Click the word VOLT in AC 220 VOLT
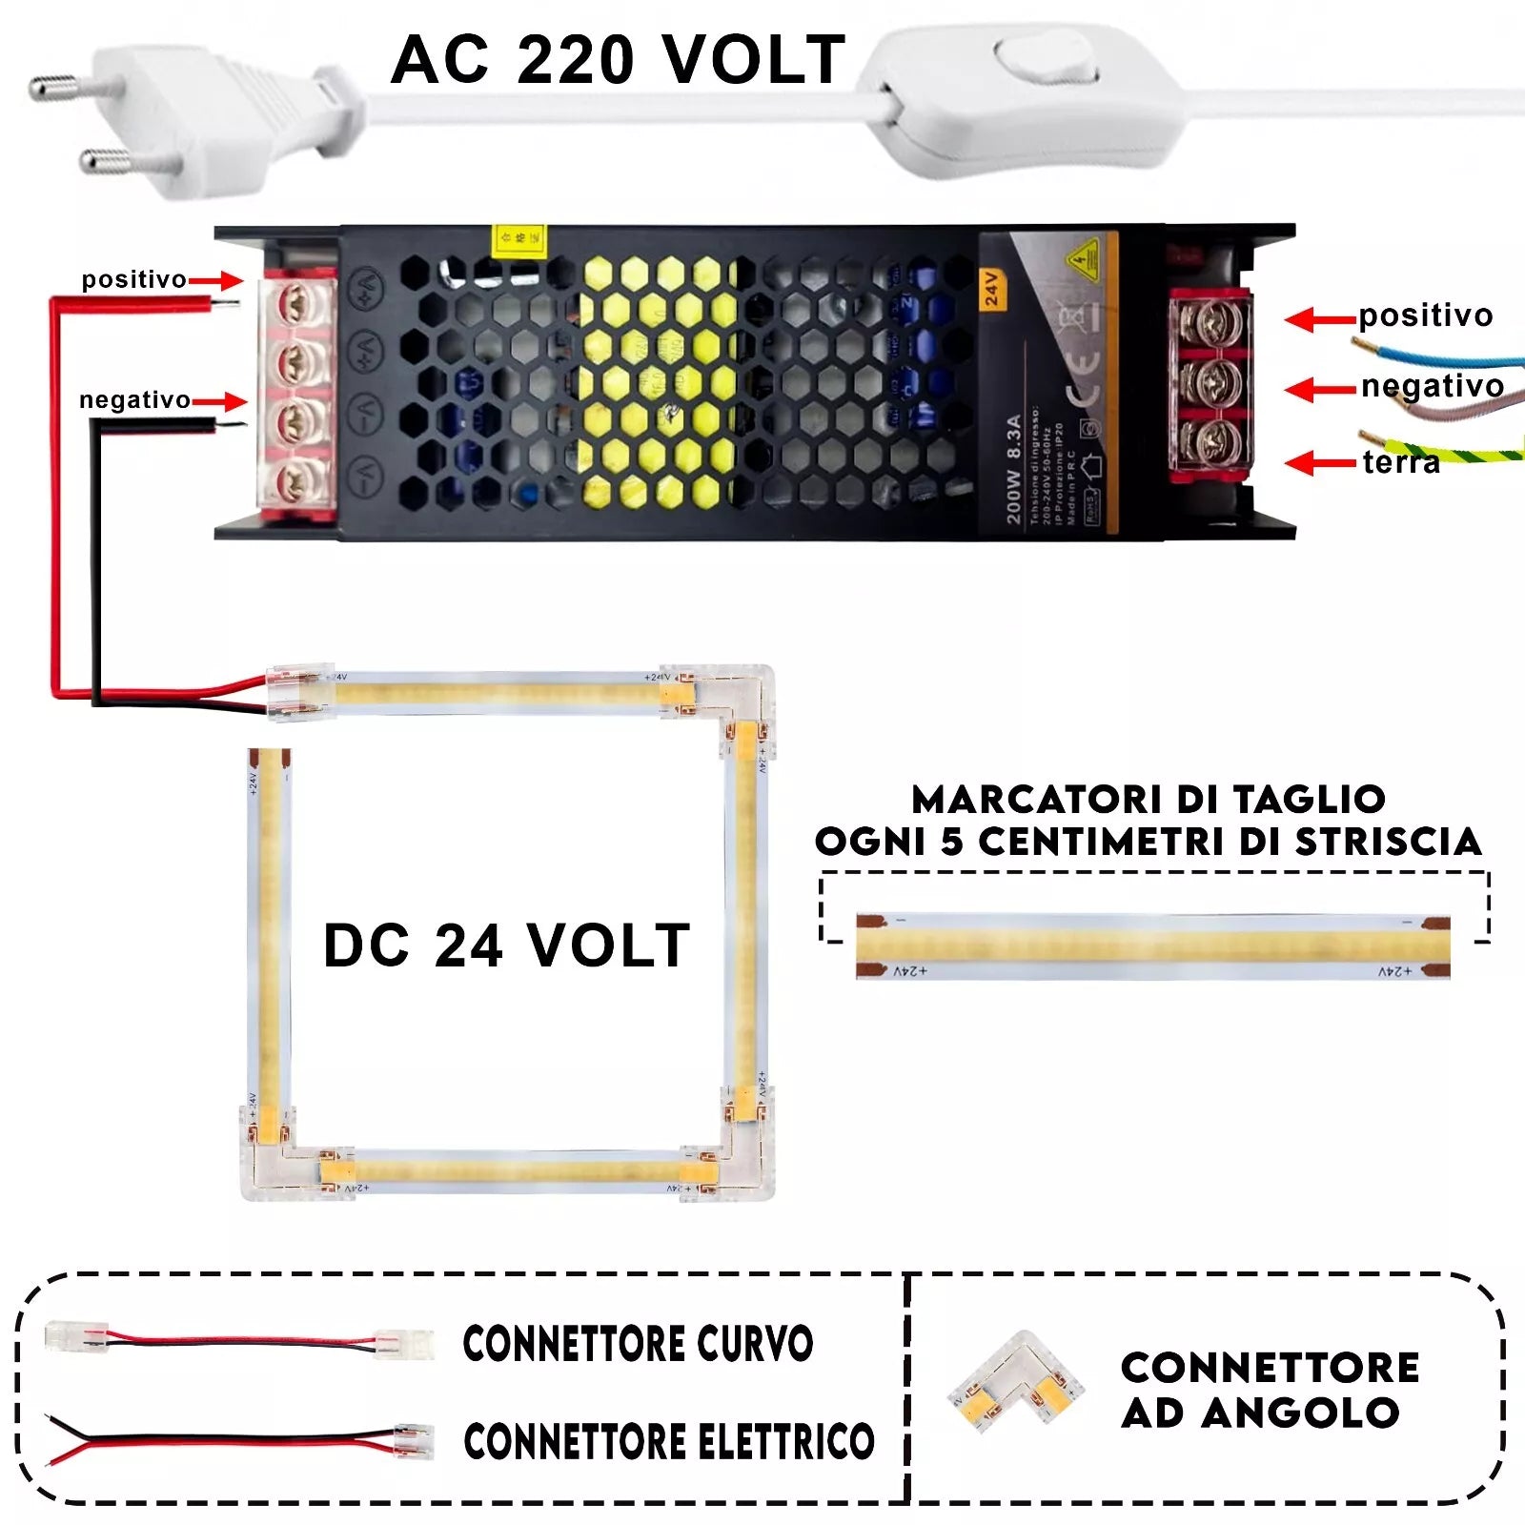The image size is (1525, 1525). (753, 60)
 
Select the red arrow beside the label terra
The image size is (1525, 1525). (1319, 463)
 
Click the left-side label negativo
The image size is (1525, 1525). (134, 400)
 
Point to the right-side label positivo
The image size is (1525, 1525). (1425, 315)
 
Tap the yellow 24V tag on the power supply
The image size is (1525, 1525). (991, 289)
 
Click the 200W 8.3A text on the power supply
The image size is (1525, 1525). (1013, 468)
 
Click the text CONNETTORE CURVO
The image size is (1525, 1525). (638, 1344)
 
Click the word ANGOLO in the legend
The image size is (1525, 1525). (1300, 1413)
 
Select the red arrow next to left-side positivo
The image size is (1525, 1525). (216, 280)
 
